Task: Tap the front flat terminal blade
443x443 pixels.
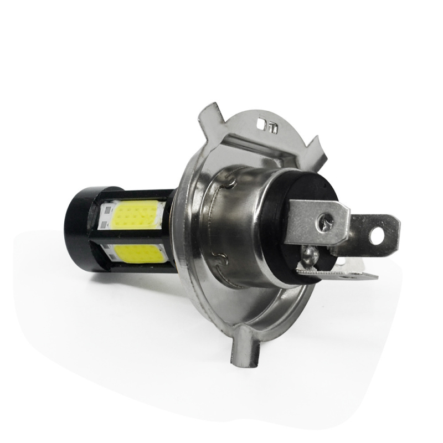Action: coord(316,221)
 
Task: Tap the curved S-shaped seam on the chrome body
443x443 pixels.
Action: coord(219,257)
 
